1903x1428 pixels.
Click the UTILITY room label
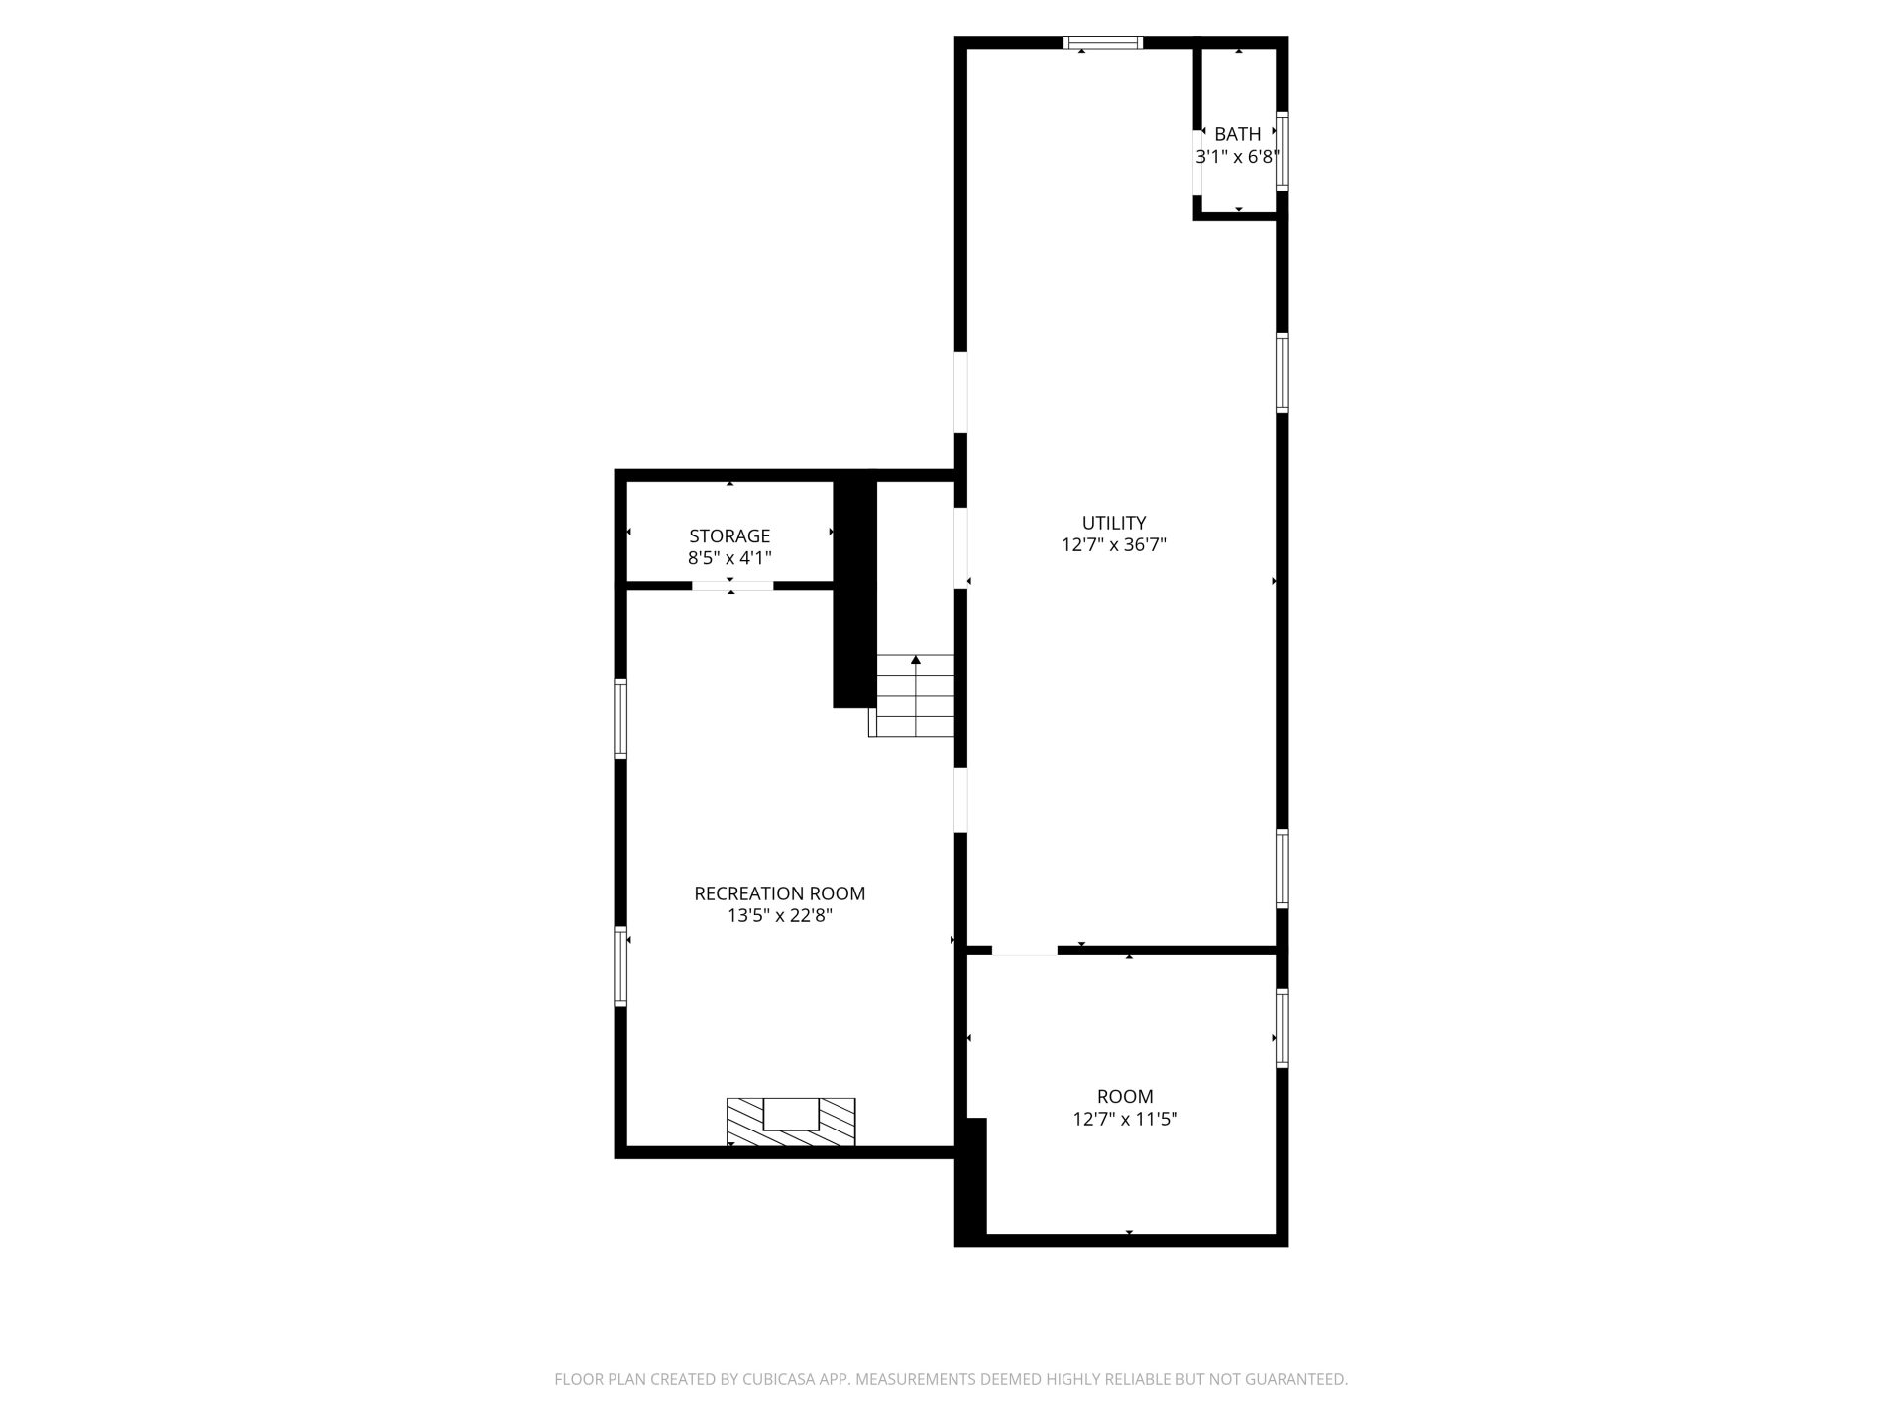tap(1114, 523)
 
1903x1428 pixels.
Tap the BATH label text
tap(1238, 134)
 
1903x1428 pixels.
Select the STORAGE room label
tap(729, 536)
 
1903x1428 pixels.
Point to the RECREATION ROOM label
tap(780, 893)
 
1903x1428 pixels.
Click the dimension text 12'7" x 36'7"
tap(1114, 544)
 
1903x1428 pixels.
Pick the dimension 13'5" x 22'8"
tap(780, 915)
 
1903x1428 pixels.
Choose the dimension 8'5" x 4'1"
tap(729, 558)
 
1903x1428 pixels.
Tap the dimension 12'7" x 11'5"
tap(1125, 1119)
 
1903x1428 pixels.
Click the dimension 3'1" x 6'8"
tap(1238, 156)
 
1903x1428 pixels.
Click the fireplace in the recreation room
tap(791, 1122)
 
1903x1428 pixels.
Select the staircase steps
tap(912, 695)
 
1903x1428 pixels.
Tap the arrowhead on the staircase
tap(917, 659)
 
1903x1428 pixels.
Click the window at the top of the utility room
tap(1103, 43)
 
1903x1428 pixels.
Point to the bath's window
tap(1282, 152)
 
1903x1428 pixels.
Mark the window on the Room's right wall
tap(1282, 1027)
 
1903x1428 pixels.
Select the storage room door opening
tap(732, 585)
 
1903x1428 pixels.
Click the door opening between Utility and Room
tap(1025, 950)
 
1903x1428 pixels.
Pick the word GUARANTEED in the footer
tap(1300, 1379)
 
